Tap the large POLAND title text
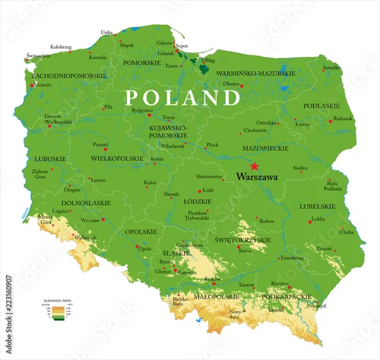coord(182,98)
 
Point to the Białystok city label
coord(343,118)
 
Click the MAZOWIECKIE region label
coord(264,147)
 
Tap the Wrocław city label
coord(90,219)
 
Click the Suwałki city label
coord(331,68)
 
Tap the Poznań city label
coord(100,144)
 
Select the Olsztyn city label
coord(232,84)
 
